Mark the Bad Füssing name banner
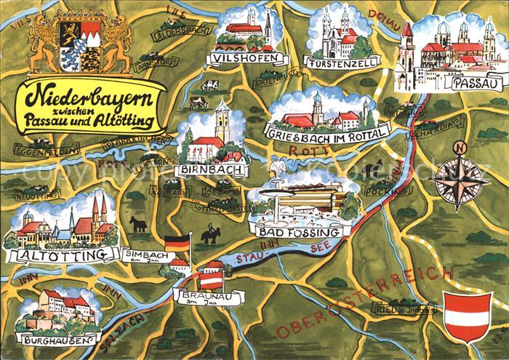pos(296,232)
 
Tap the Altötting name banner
pos(60,253)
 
